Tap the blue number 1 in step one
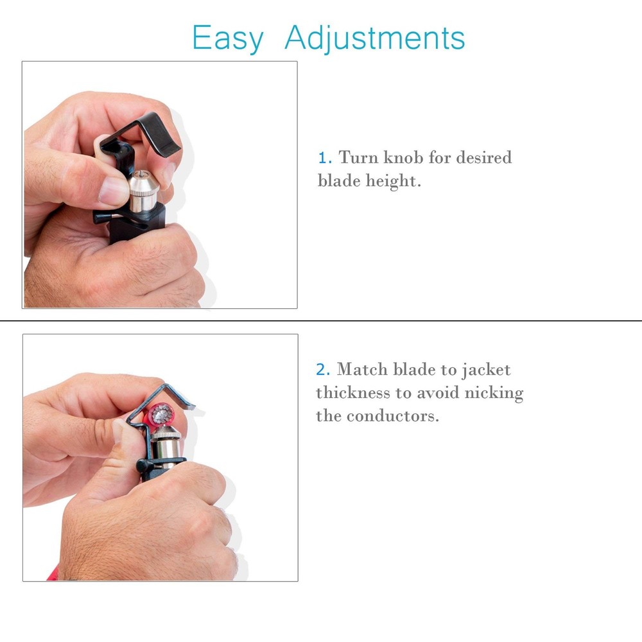point(324,157)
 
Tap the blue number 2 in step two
point(322,370)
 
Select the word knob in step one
point(403,157)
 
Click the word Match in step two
point(362,370)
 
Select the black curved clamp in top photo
point(154,132)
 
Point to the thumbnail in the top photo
point(115,191)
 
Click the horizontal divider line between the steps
point(321,320)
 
